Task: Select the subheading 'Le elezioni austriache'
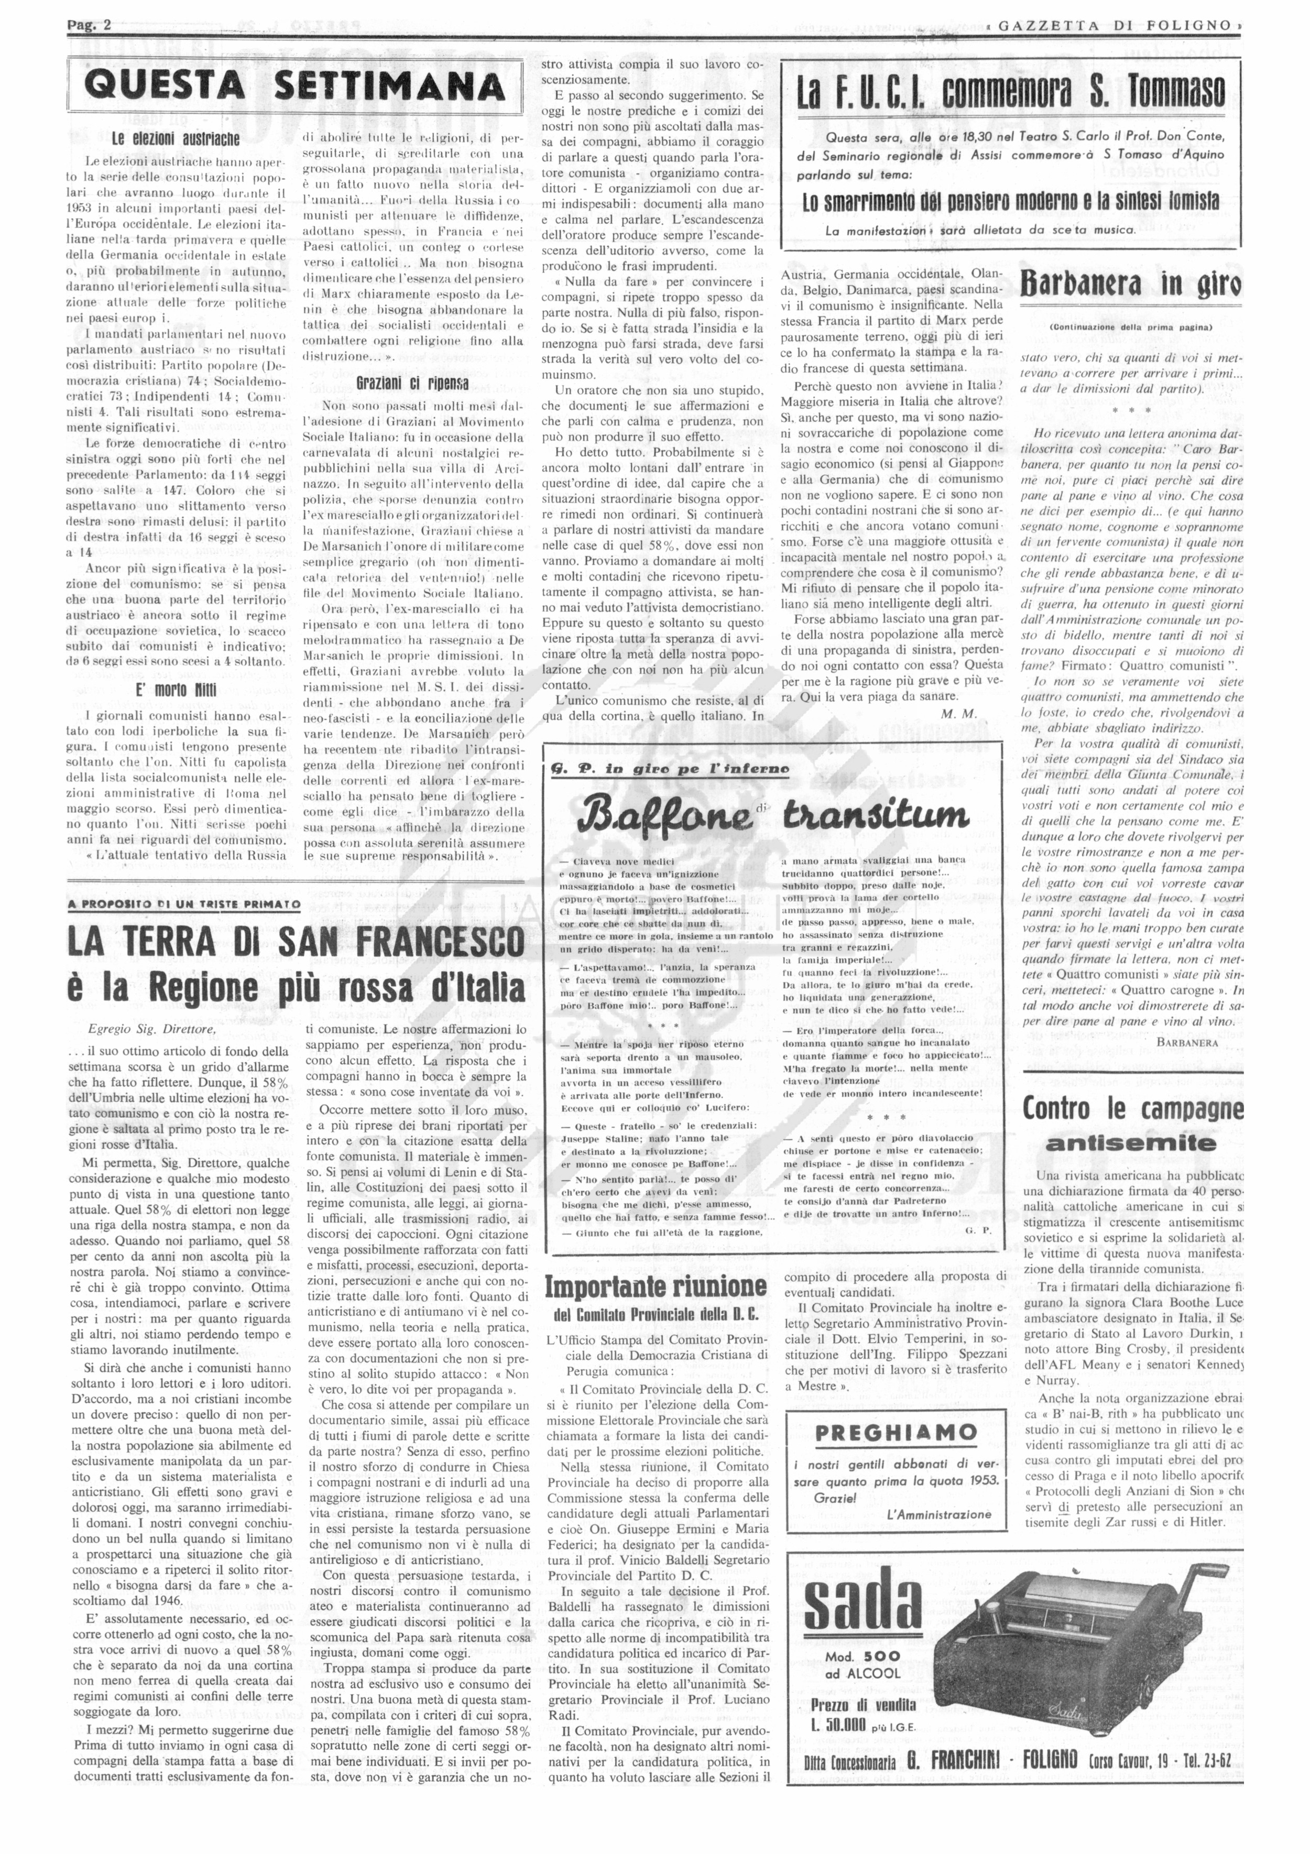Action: pos(174,138)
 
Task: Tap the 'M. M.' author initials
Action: pos(959,714)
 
